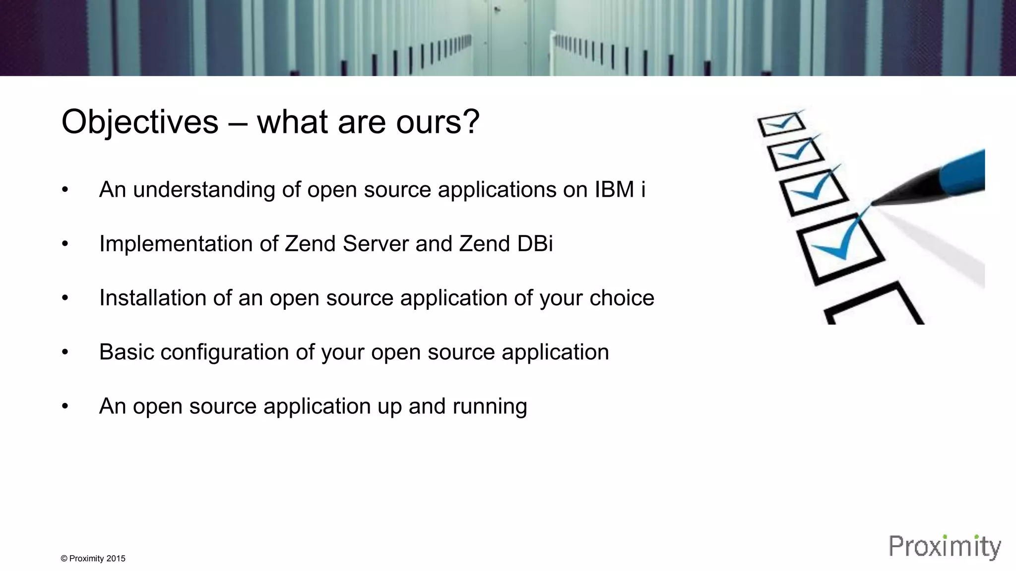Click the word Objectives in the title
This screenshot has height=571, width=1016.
coord(139,122)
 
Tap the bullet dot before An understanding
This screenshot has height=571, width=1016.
coord(64,190)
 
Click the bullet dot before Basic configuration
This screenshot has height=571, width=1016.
coord(64,352)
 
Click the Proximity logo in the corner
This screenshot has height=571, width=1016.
coord(945,547)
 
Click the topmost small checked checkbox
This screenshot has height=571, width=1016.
coord(780,124)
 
